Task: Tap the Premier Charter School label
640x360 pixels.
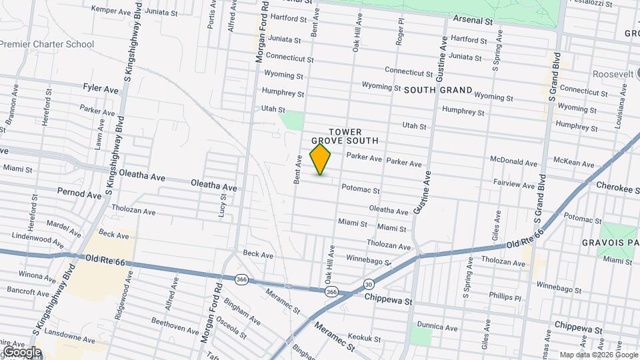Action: point(47,44)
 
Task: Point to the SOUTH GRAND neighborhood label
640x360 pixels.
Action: point(437,90)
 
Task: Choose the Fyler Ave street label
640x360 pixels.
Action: point(101,88)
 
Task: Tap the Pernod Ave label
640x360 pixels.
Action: point(79,193)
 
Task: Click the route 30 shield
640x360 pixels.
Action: point(369,285)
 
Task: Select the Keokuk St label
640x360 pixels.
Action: point(364,339)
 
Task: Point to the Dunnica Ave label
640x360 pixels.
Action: point(437,327)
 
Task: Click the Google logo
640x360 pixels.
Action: point(21,351)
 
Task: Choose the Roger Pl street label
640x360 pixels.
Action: point(401,31)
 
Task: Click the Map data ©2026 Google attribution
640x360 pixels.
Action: point(598,355)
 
